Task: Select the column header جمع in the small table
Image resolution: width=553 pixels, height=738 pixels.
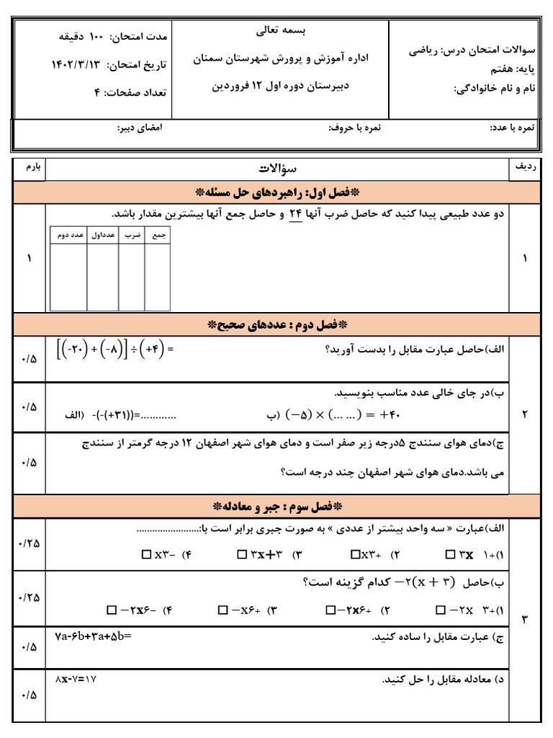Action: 158,236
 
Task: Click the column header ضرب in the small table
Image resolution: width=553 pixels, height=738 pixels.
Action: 132,236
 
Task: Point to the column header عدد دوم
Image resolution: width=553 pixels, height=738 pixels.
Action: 68,236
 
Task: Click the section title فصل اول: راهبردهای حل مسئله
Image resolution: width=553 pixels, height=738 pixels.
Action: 276,192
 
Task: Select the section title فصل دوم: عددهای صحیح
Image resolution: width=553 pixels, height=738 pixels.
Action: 276,324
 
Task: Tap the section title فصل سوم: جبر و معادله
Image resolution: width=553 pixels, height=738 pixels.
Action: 276,504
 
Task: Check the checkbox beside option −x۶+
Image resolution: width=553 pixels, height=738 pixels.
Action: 223,610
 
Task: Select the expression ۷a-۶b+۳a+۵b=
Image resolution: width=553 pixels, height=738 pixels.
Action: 94,636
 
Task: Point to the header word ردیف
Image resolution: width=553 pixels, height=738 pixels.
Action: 524,166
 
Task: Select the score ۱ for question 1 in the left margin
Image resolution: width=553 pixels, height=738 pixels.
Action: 29,259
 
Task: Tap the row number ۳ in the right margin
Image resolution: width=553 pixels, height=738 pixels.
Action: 524,619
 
